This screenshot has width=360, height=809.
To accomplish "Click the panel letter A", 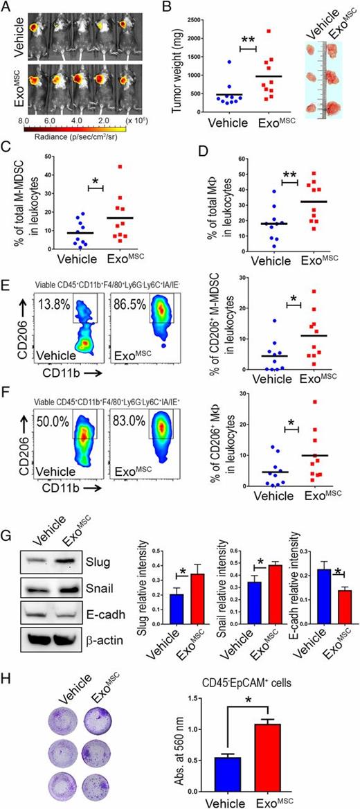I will click(7, 7).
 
